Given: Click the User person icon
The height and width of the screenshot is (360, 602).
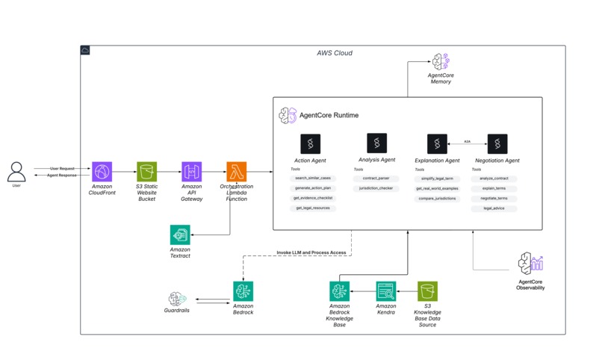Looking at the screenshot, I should coord(16,172).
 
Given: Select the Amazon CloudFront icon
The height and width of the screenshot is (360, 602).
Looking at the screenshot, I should coord(102,172).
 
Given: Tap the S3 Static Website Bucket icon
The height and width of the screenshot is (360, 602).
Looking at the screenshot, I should coord(146,172).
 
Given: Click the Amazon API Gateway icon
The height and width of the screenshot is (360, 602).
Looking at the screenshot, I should coord(192,172).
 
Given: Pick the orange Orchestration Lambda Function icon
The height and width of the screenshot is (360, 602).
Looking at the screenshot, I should coord(237,172).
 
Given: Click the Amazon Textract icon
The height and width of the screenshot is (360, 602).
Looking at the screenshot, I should coord(180,235).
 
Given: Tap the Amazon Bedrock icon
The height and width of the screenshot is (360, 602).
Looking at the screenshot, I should coord(243,291).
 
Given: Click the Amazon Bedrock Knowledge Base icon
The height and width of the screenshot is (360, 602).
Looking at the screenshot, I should coord(340,291).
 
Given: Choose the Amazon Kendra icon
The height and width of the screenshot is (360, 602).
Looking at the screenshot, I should coord(385,291).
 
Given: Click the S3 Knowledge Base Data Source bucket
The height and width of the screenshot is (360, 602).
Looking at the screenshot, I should coord(428,291).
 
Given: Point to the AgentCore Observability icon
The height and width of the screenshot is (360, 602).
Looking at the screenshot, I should coord(530,264).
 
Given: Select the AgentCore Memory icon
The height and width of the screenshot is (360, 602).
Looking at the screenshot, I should coord(440,62).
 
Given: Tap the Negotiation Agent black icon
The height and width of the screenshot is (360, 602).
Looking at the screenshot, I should coord(497,144).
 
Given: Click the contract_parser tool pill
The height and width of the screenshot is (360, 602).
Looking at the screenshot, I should coord(376,179).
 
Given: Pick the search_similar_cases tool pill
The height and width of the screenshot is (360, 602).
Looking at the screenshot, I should coord(312,179).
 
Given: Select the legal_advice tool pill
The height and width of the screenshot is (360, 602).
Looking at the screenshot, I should coord(493,208).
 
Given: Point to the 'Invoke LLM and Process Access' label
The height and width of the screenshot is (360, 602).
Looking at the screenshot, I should coord(311,252).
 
